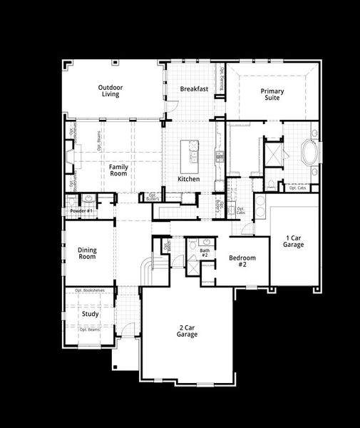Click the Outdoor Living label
click(x=110, y=91)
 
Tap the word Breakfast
click(x=194, y=89)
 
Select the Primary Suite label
click(x=272, y=94)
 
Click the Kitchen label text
click(x=188, y=179)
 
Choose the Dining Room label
click(x=87, y=253)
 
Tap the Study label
click(x=91, y=314)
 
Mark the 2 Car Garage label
click(x=188, y=331)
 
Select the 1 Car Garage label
click(x=294, y=241)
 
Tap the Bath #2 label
click(x=205, y=253)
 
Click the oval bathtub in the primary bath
click(x=312, y=153)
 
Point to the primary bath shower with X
click(x=273, y=154)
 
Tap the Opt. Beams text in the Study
click(x=89, y=330)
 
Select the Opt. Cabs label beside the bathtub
click(x=297, y=188)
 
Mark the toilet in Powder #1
click(x=88, y=200)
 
